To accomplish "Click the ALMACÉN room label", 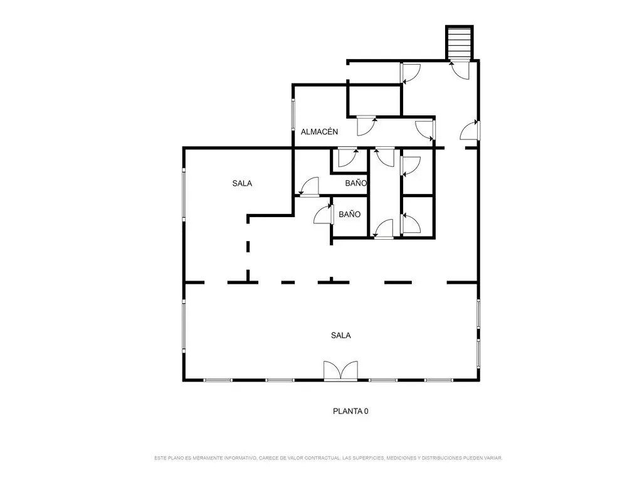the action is (x=319, y=132).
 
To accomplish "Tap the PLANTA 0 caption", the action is (x=350, y=410).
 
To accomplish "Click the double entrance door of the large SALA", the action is (x=340, y=371).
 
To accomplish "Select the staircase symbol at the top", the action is (x=460, y=43).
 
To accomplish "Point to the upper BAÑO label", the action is (x=356, y=183).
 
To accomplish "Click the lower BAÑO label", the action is (x=350, y=215).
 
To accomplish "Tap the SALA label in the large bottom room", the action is (x=340, y=335).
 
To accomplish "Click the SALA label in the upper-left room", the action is (x=242, y=183).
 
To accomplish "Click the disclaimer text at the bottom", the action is (x=328, y=458).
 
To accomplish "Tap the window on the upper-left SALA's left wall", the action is (x=184, y=195).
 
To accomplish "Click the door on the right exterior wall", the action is (x=470, y=131).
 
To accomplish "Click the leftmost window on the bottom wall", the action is (x=218, y=380).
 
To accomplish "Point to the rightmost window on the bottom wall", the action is (x=438, y=380).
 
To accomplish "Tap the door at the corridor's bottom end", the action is (x=384, y=228).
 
